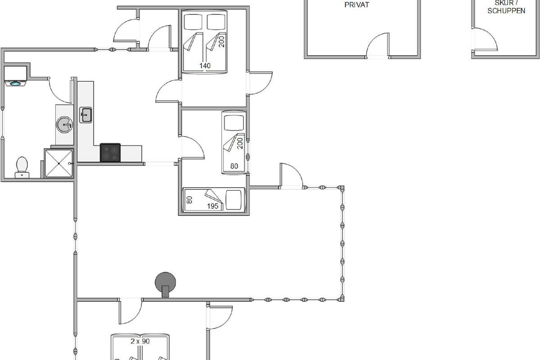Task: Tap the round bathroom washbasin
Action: pyautogui.click(x=65, y=124)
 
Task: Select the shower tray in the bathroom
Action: pyautogui.click(x=58, y=163)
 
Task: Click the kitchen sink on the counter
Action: pyautogui.click(x=86, y=115)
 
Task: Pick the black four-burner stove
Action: pyautogui.click(x=110, y=152)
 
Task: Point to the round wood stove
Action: pyautogui.click(x=165, y=283)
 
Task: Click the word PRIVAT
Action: pyautogui.click(x=356, y=5)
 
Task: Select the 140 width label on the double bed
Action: pyautogui.click(x=205, y=66)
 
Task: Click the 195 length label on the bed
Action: pyautogui.click(x=213, y=206)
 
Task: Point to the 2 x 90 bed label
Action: pyautogui.click(x=140, y=341)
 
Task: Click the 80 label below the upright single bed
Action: pyautogui.click(x=234, y=166)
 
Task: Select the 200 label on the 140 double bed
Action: pyautogui.click(x=221, y=42)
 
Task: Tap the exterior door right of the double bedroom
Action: pyautogui.click(x=260, y=83)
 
